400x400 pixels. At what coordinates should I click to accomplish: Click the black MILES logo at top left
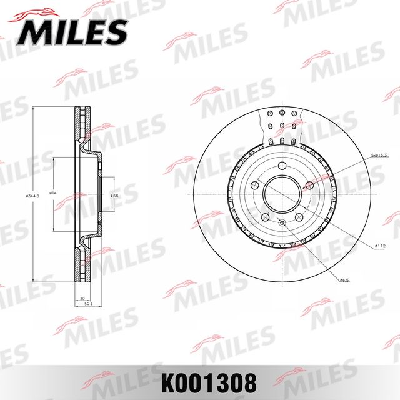pos(74,29)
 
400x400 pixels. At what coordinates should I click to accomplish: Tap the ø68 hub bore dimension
pos(114,196)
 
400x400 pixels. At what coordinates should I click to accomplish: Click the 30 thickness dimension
pos(81,299)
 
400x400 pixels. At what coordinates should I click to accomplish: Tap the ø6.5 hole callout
pos(344,280)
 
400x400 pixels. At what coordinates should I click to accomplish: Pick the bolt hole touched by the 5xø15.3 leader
pos(309,186)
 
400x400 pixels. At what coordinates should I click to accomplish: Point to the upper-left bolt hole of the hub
pos(254,186)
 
